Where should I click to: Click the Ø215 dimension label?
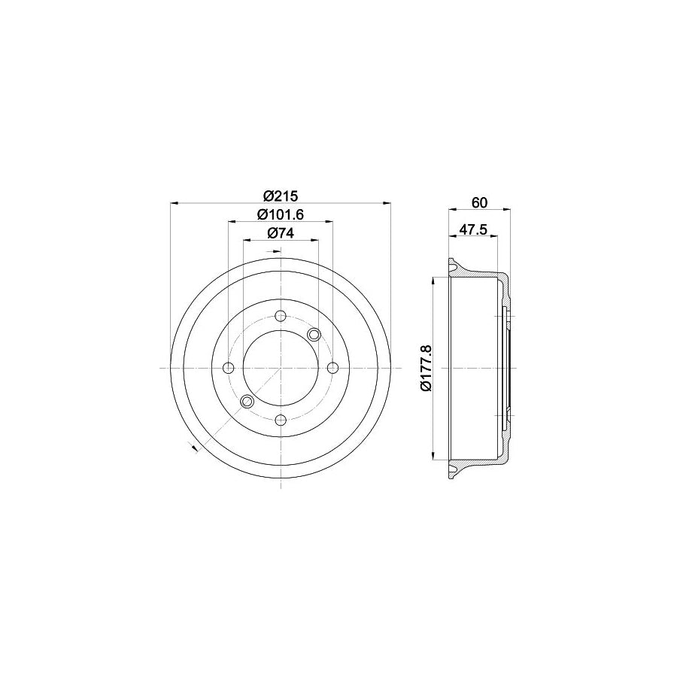pos(280,196)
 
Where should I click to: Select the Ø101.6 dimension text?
pos(280,214)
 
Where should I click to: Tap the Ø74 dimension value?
pos(280,233)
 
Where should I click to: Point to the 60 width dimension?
pos(480,202)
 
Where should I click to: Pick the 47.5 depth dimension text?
pos(472,229)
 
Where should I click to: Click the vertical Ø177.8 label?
pos(425,368)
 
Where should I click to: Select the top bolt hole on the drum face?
pos(280,315)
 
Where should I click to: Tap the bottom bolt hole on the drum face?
pos(280,420)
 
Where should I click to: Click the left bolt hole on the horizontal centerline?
pos(228,368)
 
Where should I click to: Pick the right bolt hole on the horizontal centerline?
pos(332,368)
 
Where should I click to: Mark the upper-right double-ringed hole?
pos(314,334)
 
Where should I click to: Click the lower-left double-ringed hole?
pos(245,402)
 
